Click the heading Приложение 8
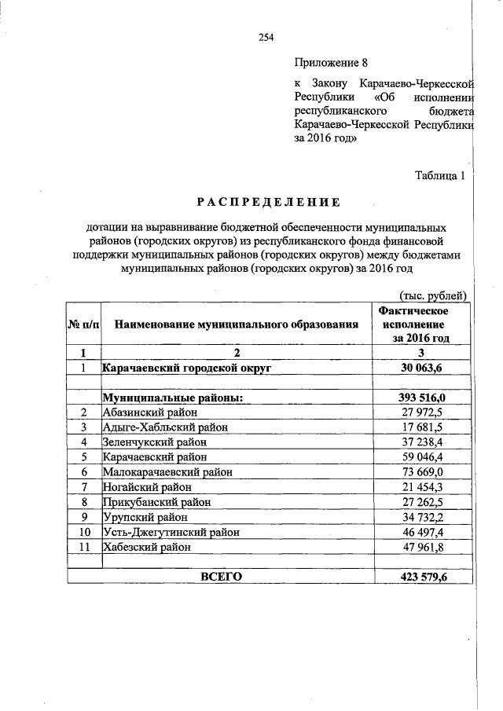[x=331, y=61]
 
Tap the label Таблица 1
[x=441, y=176]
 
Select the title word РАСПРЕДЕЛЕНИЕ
[x=268, y=203]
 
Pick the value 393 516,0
[x=422, y=398]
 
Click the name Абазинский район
[x=149, y=412]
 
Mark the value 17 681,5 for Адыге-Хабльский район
[x=422, y=427]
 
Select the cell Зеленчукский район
[x=155, y=442]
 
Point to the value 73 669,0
[x=422, y=472]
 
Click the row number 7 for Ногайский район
[x=83, y=487]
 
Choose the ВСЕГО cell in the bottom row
[x=222, y=577]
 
